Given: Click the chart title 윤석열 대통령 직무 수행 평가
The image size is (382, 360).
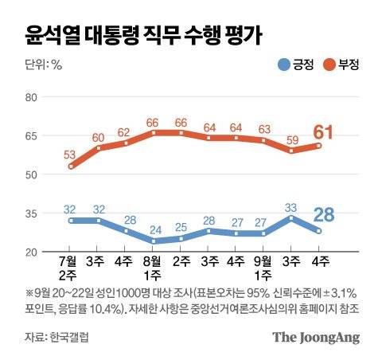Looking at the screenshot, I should point(143,34).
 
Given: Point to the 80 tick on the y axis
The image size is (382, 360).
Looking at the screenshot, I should point(32,97).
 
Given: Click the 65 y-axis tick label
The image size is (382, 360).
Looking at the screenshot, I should point(32,136).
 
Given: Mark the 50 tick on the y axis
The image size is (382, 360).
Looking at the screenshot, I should point(32,174).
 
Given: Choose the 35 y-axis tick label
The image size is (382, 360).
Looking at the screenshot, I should point(32,213).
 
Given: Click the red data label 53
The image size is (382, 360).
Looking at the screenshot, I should point(69,153).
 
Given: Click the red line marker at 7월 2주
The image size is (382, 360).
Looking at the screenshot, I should point(72,166).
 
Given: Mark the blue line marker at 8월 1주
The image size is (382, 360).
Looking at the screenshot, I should point(154,241).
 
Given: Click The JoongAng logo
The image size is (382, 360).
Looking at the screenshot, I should point(316,337).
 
